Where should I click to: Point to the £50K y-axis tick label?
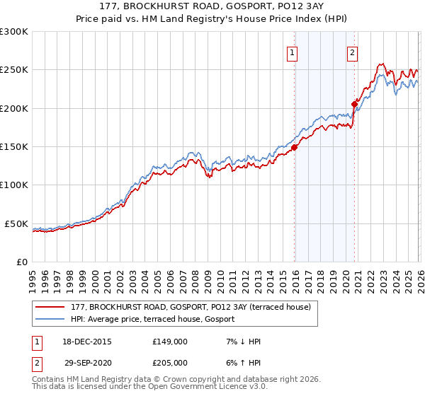click(x=16, y=223)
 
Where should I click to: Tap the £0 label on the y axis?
click(x=22, y=262)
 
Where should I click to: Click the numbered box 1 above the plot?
click(x=293, y=51)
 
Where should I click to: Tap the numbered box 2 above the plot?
click(x=352, y=51)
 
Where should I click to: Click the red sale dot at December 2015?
click(x=294, y=148)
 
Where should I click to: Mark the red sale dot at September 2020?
click(x=354, y=104)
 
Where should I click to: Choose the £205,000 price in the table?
click(x=170, y=361)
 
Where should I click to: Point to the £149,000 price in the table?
click(x=170, y=342)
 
